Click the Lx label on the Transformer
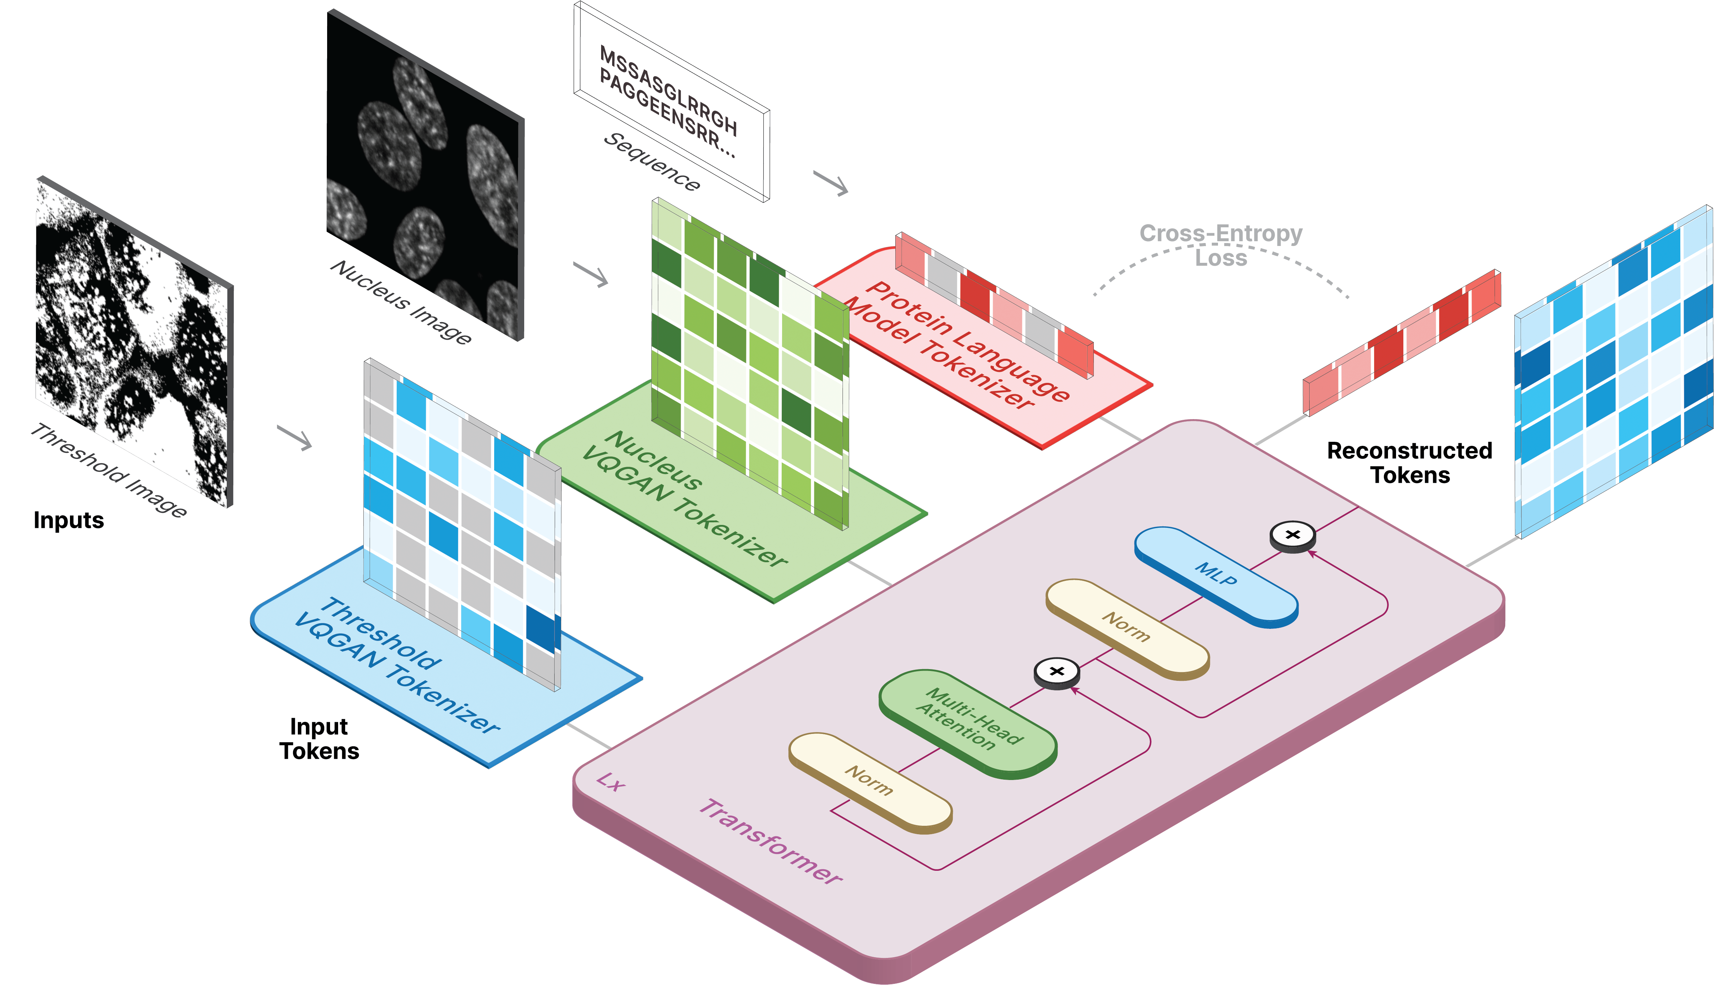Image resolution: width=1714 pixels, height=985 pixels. (611, 783)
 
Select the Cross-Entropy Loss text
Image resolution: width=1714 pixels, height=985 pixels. (1221, 245)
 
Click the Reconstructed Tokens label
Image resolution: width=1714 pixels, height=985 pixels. (1409, 463)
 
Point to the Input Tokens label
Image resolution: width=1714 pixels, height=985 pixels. (319, 739)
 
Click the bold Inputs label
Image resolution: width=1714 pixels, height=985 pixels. (69, 520)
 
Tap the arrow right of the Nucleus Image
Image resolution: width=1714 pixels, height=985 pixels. (591, 274)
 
